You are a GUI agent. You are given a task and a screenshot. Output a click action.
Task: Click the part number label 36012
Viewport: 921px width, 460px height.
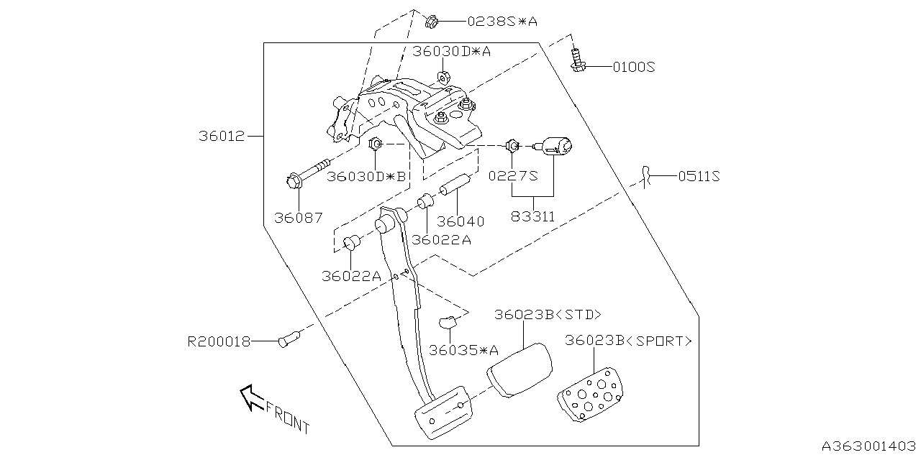click(222, 136)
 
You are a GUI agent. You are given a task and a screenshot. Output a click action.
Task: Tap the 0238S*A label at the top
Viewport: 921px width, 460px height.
click(502, 22)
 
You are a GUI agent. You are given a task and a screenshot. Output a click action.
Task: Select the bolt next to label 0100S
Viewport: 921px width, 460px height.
click(576, 60)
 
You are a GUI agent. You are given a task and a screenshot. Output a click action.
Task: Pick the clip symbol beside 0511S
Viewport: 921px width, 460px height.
click(647, 175)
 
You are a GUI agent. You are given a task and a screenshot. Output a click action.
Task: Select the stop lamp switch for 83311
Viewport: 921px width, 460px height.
click(557, 148)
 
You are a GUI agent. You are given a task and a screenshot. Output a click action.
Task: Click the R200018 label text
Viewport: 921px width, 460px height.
click(219, 342)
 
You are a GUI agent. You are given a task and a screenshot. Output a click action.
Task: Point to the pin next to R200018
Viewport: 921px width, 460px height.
click(289, 338)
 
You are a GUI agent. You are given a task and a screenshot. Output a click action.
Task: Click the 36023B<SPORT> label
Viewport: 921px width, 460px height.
click(628, 341)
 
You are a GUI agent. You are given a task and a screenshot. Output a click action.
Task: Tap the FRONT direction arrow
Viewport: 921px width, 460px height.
click(253, 397)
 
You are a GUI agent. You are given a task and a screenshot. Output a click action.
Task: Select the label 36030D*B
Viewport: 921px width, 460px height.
click(367, 176)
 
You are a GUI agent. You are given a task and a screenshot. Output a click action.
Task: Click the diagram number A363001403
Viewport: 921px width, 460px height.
click(870, 446)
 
